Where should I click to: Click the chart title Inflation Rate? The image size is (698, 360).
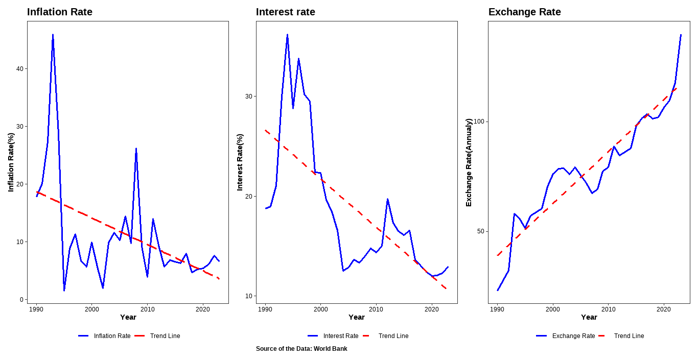tap(60, 12)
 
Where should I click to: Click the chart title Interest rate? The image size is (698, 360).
tap(286, 12)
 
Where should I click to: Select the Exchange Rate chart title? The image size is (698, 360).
tap(525, 12)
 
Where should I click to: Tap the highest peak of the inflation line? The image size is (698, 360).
tap(53, 35)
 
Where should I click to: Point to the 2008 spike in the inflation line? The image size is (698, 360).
tap(136, 149)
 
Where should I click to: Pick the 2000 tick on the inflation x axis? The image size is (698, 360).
tap(91, 309)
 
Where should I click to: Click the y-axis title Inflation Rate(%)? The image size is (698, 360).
tap(11, 162)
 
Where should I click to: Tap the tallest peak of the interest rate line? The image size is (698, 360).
tap(287, 35)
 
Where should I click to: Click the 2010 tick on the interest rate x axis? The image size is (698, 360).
tap(376, 309)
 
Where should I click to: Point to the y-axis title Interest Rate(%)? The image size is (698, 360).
tap(240, 162)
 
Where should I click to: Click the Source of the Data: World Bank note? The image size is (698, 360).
tap(301, 349)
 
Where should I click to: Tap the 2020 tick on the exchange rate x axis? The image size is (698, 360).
tap(663, 309)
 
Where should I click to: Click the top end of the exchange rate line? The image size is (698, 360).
tap(681, 35)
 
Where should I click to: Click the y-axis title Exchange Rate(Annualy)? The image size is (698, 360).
tap(469, 162)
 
